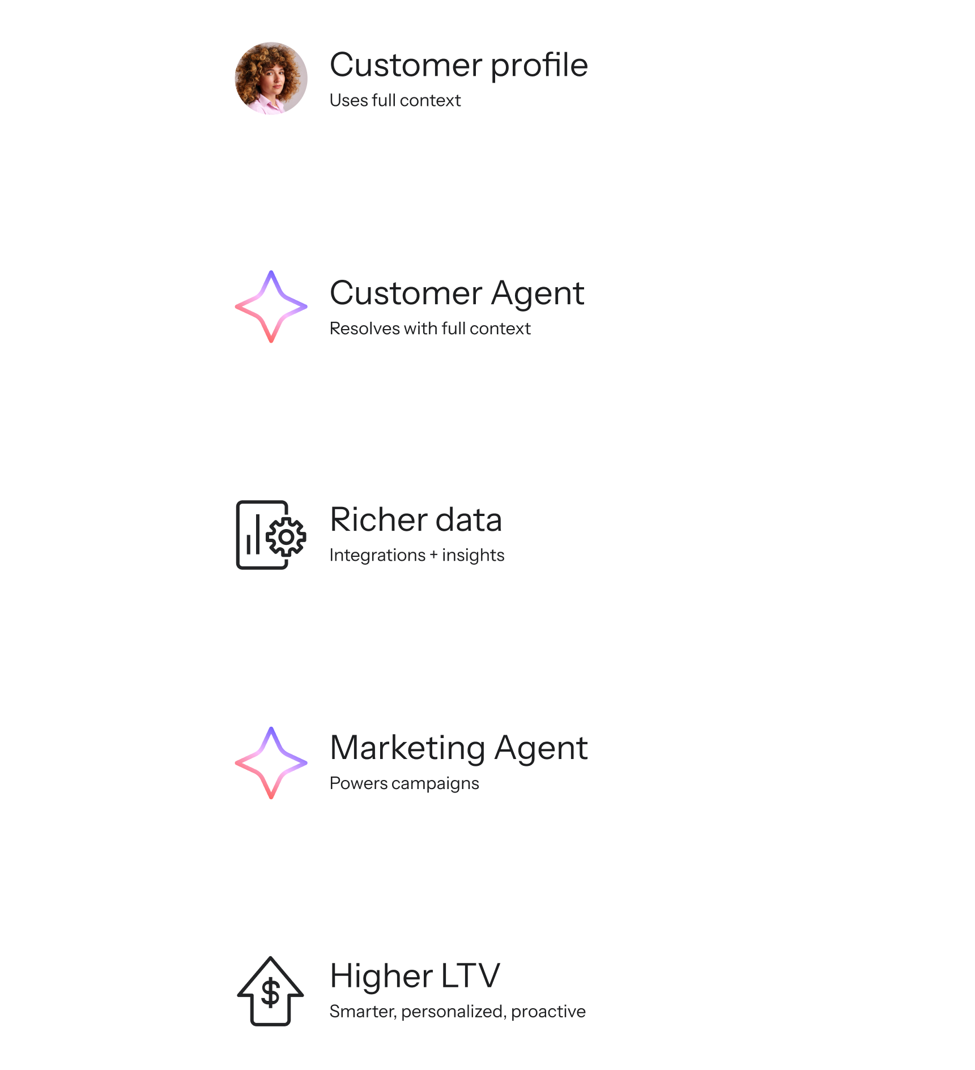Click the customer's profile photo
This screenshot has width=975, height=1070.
tap(271, 78)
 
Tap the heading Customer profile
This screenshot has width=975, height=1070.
tap(458, 65)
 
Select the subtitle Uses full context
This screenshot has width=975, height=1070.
tap(395, 100)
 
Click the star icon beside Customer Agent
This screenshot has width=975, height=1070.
tap(271, 306)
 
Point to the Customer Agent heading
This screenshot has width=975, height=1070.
tap(457, 293)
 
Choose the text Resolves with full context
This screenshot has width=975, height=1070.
tap(430, 329)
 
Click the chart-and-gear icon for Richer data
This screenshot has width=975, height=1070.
tap(271, 535)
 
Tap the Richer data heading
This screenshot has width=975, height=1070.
tap(416, 519)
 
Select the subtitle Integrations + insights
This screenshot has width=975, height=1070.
tap(416, 555)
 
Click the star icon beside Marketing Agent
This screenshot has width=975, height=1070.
tap(271, 763)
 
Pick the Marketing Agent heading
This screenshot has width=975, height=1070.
tap(458, 748)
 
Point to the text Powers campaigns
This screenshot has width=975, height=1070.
tap(404, 783)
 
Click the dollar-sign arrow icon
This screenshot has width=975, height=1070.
tap(270, 991)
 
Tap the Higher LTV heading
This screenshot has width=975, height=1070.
tap(415, 976)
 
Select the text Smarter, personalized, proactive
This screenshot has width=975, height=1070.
tap(457, 1012)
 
